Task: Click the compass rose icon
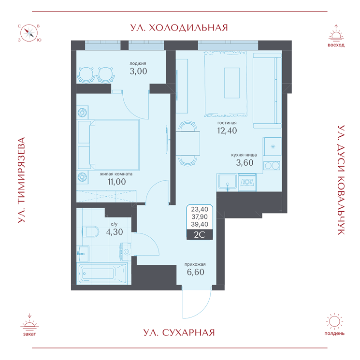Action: [29, 33]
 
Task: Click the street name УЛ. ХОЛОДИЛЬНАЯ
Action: [179, 28]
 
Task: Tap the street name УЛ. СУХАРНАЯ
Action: [179, 332]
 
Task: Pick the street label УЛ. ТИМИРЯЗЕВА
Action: [21, 180]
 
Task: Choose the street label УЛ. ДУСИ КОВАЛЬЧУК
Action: [341, 180]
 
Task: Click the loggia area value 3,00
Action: [138, 71]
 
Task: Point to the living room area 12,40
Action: [227, 130]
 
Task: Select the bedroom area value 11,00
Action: [117, 182]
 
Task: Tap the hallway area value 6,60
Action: [195, 272]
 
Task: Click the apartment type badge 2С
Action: [200, 235]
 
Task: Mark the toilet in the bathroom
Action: [90, 231]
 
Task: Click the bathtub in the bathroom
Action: [102, 274]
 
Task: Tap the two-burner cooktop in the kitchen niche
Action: [272, 166]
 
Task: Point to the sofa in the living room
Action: [267, 90]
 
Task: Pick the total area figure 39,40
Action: [200, 224]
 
